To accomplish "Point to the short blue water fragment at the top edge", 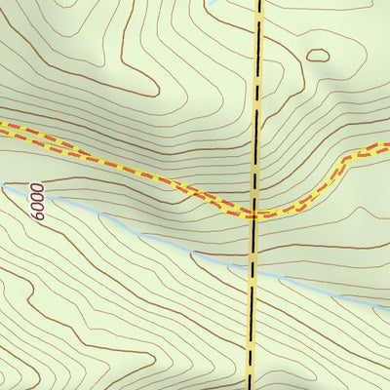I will [x=214, y=3].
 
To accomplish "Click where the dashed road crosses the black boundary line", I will [x=253, y=214].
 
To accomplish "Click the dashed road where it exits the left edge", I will [x=2, y=125].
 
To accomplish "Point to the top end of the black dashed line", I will [x=260, y=2].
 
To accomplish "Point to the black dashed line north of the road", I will [x=257, y=97].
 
